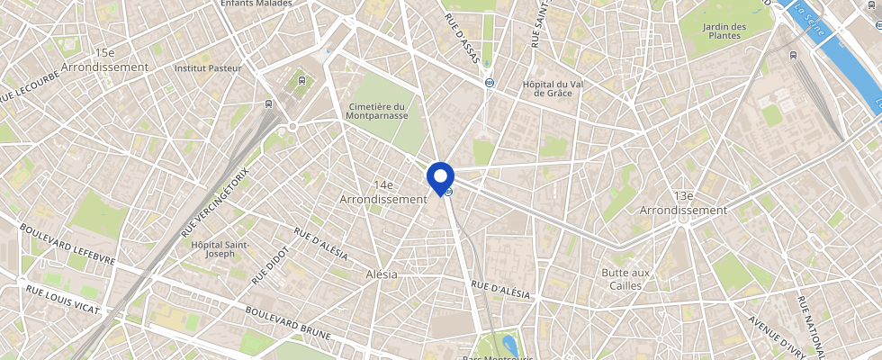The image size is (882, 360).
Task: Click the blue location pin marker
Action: click(x=440, y=176)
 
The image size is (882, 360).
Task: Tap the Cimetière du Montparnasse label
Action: click(x=377, y=111)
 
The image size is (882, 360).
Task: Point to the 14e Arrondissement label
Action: click(x=382, y=191)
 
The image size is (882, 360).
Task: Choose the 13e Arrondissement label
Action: click(x=682, y=203)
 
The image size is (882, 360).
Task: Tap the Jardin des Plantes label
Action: click(x=726, y=31)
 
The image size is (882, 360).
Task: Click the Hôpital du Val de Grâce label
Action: click(x=553, y=88)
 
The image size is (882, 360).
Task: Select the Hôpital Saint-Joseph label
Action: click(x=219, y=248)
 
